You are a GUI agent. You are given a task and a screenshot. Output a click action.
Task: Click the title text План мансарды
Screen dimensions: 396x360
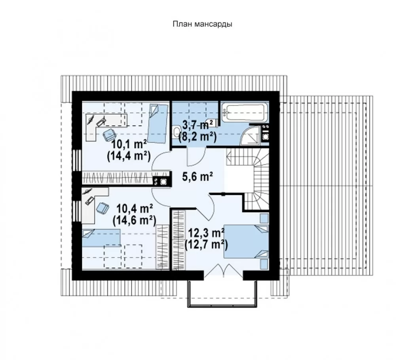(202, 24)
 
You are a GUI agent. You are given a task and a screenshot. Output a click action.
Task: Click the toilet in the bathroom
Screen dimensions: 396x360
(176, 133)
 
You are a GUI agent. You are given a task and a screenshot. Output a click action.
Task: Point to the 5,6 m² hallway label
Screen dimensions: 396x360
(197, 177)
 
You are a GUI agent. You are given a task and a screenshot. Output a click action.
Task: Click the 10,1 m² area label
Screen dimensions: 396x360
(129, 145)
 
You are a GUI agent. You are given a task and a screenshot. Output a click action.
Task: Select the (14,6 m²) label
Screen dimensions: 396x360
(134, 220)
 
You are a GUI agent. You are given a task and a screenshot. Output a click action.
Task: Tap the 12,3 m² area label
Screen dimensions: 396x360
(206, 233)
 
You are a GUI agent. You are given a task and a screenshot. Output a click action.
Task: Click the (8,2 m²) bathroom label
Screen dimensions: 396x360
(198, 137)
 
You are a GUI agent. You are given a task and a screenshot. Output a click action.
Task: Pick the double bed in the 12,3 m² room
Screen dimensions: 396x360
(246, 241)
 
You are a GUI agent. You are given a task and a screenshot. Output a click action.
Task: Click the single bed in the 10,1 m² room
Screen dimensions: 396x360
(158, 123)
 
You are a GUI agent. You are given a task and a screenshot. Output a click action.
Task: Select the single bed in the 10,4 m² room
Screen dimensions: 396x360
(101, 237)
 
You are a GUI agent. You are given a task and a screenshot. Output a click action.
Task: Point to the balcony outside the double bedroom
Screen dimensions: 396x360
(222, 293)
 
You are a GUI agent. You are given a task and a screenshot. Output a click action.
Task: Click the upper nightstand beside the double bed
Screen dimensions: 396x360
(264, 218)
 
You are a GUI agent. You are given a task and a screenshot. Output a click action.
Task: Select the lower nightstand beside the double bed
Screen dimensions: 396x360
(264, 264)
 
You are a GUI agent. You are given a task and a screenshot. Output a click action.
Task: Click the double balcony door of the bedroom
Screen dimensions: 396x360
(223, 271)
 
